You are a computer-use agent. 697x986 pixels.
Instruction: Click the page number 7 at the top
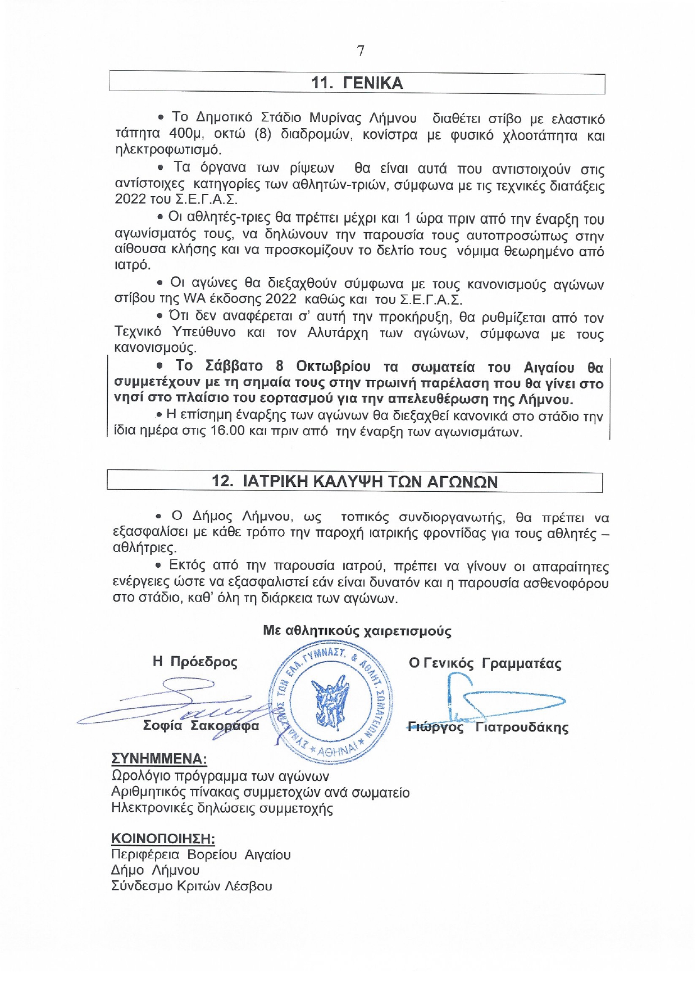(361, 51)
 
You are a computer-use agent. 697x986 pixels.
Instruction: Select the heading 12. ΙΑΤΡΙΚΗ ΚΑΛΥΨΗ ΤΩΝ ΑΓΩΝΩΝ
(354, 481)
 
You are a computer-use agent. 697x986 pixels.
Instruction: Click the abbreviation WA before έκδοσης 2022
(195, 299)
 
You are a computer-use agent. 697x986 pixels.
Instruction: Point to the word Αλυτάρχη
(338, 333)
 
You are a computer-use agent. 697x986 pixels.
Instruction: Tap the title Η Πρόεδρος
(195, 662)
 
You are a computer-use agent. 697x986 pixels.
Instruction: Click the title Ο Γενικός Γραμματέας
(485, 663)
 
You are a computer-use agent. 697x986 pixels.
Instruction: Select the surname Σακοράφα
(225, 726)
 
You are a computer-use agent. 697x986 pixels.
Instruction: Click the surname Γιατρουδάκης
(522, 727)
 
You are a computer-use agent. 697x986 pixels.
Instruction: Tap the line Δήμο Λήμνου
(155, 870)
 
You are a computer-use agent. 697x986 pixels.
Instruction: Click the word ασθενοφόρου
(566, 583)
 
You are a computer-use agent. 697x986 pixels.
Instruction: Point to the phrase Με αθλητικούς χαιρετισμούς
(357, 631)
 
